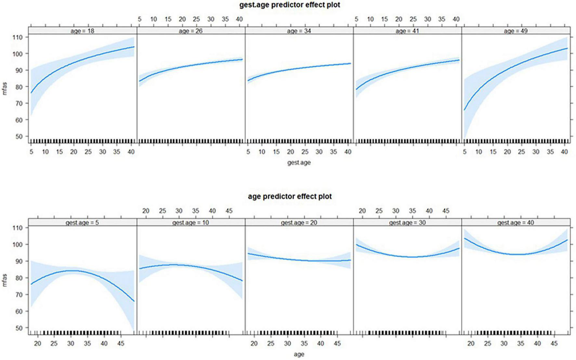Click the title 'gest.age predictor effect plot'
point(290,5)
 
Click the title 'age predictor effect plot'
point(290,196)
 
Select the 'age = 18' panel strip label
point(82,31)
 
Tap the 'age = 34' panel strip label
point(299,31)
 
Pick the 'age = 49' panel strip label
point(516,31)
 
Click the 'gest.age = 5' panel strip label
point(82,223)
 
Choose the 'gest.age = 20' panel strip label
point(299,223)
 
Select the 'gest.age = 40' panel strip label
point(516,223)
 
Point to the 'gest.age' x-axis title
point(299,162)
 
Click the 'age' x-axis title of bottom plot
point(299,354)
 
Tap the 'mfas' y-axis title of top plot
point(5,89)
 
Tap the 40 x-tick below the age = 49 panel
point(564,152)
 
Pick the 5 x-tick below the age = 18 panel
point(31,152)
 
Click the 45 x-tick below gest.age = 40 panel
point(554,343)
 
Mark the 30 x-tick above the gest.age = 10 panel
point(179,211)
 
